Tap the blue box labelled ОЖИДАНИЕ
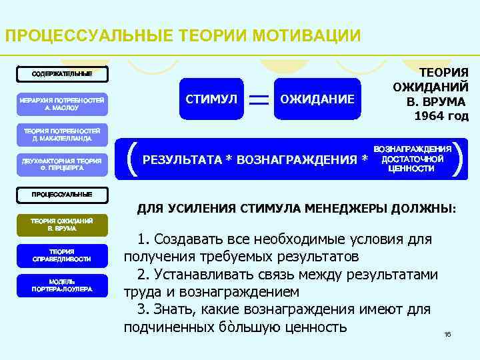click(317, 99)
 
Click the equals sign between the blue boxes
click(260, 99)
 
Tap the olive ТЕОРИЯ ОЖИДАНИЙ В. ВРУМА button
click(61, 224)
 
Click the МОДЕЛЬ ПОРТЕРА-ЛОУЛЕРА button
click(61, 285)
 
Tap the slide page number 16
click(447, 334)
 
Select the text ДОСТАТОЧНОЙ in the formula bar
click(413, 159)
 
